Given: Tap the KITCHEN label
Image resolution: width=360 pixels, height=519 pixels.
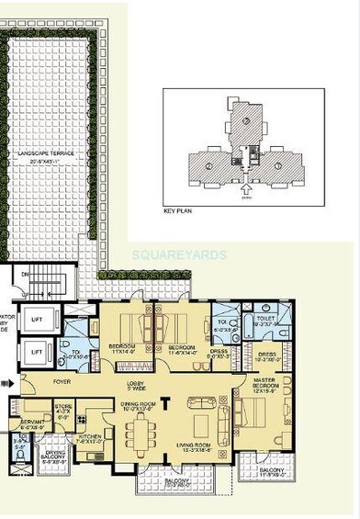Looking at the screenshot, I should coord(90,438).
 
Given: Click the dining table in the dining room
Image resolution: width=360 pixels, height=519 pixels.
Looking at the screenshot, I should coord(142,432).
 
